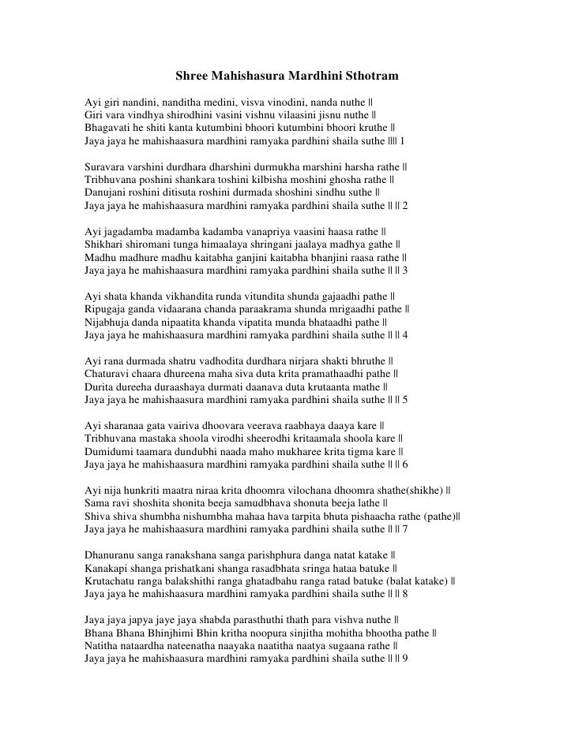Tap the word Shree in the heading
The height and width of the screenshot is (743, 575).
[191, 77]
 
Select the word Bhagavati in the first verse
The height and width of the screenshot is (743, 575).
[107, 129]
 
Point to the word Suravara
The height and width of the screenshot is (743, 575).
[107, 167]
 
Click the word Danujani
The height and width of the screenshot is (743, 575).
[106, 192]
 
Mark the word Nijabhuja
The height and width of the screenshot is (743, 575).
[108, 322]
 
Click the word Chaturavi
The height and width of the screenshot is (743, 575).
[108, 373]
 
